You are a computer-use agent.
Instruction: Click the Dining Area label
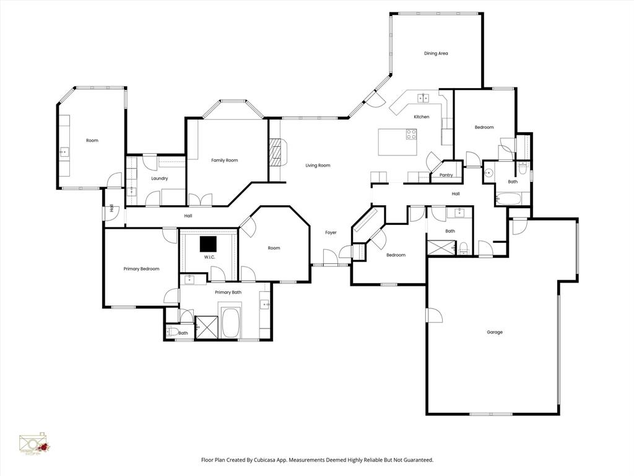click(436, 53)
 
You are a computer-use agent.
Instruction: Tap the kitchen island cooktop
click(411, 133)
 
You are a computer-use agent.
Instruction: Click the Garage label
click(494, 332)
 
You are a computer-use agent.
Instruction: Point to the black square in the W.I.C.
click(208, 244)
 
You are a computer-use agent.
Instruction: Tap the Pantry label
click(446, 175)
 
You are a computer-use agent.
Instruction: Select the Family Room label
click(224, 161)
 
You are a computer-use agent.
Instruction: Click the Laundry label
click(159, 178)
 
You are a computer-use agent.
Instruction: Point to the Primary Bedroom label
click(141, 269)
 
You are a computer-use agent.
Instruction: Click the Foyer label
click(331, 232)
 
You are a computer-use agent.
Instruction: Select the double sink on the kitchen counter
click(424, 97)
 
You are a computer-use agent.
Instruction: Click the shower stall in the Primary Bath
click(207, 327)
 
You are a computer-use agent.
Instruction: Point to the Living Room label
click(318, 165)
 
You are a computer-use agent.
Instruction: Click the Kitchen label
click(422, 117)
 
